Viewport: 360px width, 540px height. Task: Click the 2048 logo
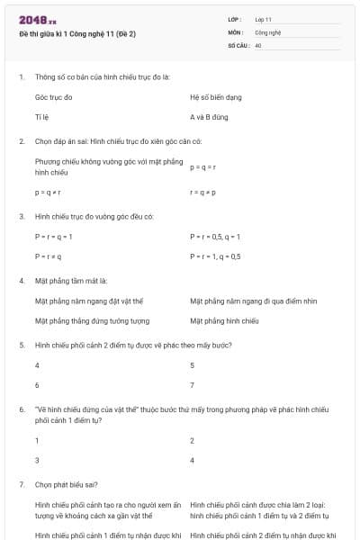[x=32, y=19]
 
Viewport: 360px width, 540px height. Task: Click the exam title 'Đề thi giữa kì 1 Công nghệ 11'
[x=77, y=33]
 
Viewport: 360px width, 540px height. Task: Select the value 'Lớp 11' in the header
[x=264, y=19]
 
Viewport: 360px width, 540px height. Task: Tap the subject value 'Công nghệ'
[x=267, y=31]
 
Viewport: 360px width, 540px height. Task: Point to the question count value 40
[x=258, y=44]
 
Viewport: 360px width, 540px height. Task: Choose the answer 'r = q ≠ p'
[x=202, y=193]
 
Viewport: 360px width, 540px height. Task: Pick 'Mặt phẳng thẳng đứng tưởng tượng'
[x=92, y=320]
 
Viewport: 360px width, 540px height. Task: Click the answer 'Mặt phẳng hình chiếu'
[x=224, y=320]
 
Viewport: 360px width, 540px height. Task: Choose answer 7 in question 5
[x=193, y=385]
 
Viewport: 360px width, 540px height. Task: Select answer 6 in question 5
[x=37, y=385]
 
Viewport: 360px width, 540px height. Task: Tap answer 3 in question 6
[x=37, y=460]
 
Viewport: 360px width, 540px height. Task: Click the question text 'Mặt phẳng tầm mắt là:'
[x=70, y=281]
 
